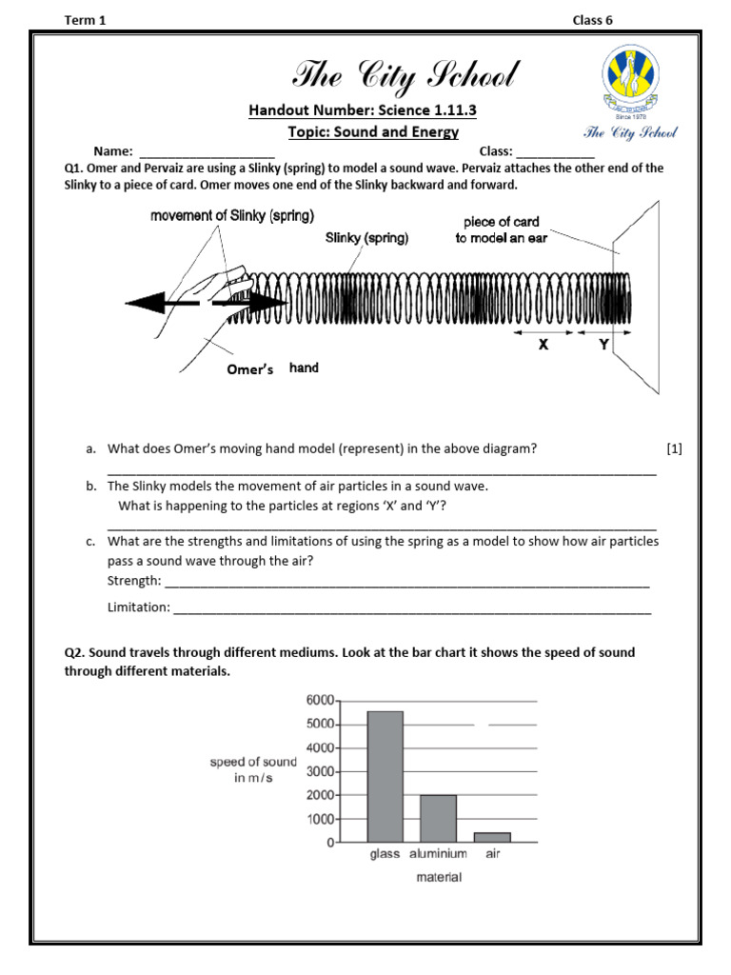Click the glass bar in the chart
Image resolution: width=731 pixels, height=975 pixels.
(x=385, y=776)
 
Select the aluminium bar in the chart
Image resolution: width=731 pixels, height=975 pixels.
(x=438, y=818)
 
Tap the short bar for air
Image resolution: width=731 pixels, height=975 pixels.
(x=492, y=837)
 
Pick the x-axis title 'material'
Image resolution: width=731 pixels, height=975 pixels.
(x=439, y=877)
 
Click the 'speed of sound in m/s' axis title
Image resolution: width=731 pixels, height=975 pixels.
(x=253, y=770)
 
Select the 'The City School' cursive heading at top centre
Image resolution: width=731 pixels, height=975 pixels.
(x=405, y=75)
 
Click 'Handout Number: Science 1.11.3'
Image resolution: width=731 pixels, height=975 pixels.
(x=362, y=110)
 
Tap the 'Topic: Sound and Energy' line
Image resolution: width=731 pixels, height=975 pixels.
(x=373, y=132)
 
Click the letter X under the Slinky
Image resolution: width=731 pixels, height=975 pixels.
(x=543, y=346)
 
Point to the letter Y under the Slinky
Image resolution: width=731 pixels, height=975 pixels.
(x=603, y=346)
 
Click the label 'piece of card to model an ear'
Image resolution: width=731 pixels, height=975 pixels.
(x=502, y=229)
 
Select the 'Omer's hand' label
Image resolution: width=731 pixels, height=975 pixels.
(x=272, y=368)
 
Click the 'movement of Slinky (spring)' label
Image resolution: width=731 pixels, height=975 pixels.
(x=232, y=215)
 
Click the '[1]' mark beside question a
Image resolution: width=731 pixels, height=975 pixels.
(x=675, y=448)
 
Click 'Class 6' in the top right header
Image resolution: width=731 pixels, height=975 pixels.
(x=592, y=21)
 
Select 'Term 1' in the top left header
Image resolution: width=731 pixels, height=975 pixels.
(x=85, y=21)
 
